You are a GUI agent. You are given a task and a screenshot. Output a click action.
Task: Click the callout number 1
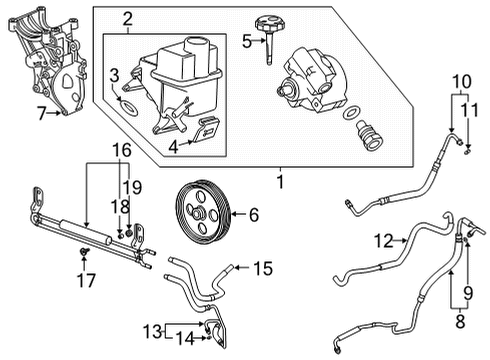click(281, 182)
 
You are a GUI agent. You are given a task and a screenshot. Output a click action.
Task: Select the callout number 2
click(127, 19)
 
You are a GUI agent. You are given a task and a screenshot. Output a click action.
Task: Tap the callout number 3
click(115, 73)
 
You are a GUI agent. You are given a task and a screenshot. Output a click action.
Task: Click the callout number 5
click(246, 41)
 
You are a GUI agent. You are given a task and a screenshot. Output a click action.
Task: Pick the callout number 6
click(253, 213)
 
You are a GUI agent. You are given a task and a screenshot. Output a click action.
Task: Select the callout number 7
click(41, 114)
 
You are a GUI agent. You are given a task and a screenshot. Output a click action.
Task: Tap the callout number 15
click(262, 268)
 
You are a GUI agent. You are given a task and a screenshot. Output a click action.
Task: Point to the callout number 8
click(460, 323)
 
